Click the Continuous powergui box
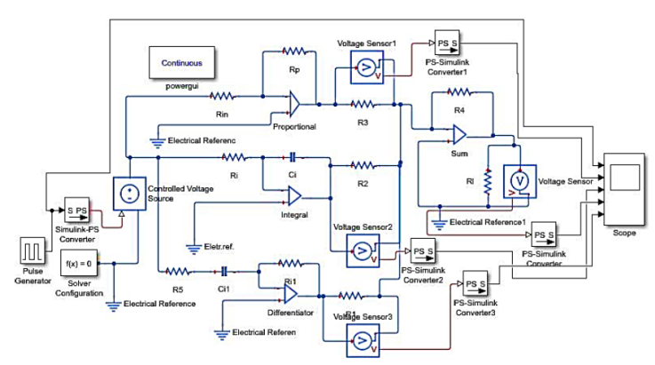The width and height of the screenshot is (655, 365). (x=181, y=63)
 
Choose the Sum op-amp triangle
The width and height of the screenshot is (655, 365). (x=458, y=135)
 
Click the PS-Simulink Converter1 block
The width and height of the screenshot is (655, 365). (x=445, y=42)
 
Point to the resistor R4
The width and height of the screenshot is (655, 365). (x=458, y=93)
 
